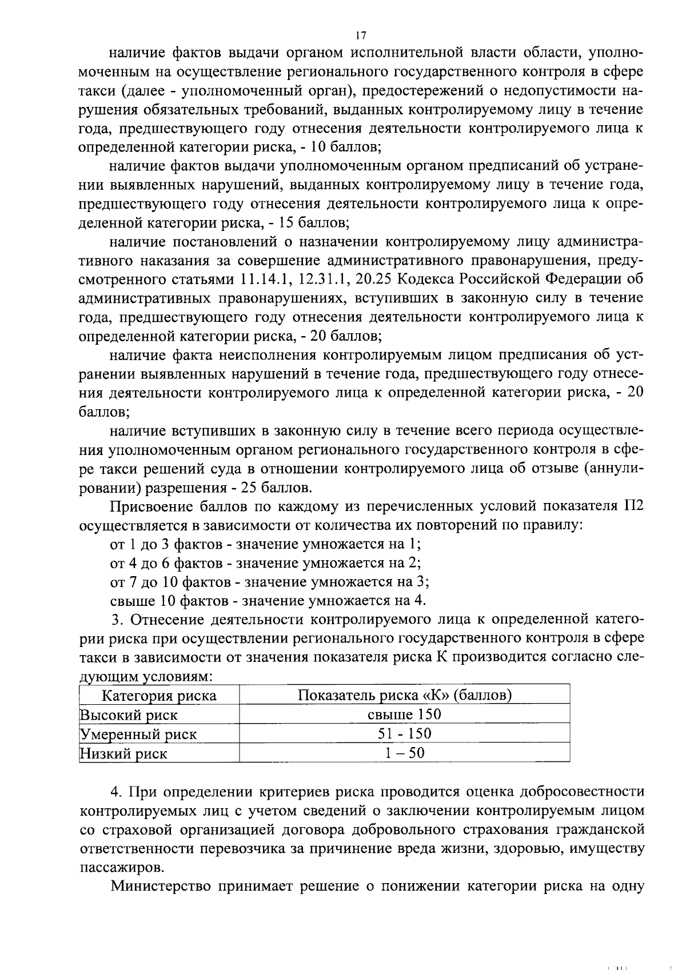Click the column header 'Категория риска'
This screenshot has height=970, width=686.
pos(159,696)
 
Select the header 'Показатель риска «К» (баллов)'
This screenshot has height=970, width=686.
pos(404,696)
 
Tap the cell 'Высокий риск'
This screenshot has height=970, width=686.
pos(129,715)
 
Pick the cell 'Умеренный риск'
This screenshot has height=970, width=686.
pos(138,735)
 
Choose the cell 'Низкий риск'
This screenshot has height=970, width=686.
pos(123,754)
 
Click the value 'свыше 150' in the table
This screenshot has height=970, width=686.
pos(404,714)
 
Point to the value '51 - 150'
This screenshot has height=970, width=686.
pos(404,734)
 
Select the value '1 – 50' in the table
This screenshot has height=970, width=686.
pos(404,753)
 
